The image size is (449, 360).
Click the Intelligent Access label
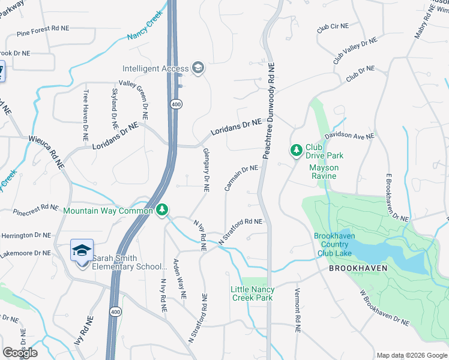(155, 68)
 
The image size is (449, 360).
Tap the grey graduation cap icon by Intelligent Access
(198, 68)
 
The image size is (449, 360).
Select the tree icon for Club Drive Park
(295, 149)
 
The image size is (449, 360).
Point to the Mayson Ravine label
(324, 172)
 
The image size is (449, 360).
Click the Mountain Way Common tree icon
(161, 210)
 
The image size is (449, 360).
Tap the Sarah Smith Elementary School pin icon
(82, 251)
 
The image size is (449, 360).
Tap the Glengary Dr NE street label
(206, 169)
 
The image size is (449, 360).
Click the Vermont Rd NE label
(297, 310)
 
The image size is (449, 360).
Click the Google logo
(20, 353)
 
